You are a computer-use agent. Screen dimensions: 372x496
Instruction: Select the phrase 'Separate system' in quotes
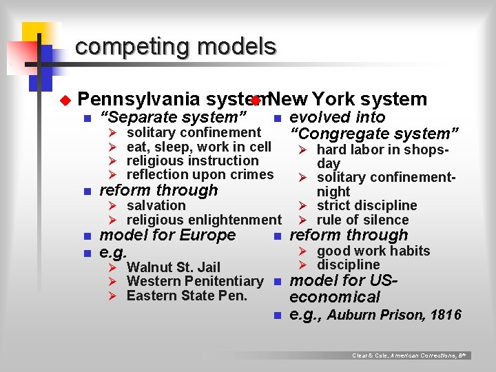(174, 117)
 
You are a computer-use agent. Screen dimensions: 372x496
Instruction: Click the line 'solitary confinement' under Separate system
(194, 132)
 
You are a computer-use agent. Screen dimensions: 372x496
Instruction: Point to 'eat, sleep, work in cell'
(199, 147)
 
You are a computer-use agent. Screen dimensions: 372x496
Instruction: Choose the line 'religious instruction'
(183, 161)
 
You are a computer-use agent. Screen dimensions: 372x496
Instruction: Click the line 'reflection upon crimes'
(200, 175)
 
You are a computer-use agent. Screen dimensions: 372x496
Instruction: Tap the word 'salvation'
(156, 206)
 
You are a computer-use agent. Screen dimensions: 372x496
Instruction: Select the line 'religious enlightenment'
(204, 220)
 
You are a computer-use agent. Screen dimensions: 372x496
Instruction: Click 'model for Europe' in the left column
(168, 236)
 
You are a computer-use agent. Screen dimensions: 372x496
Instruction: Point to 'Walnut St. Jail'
(174, 267)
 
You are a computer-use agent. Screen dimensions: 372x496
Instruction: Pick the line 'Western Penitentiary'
(195, 282)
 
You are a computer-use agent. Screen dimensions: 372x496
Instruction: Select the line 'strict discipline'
(366, 206)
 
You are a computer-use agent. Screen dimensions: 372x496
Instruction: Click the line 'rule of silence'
(362, 220)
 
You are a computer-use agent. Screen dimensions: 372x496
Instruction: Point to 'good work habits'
(373, 251)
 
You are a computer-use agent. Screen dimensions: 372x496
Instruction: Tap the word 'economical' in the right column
(335, 298)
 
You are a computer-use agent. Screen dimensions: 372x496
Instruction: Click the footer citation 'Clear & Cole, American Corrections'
(410, 355)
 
